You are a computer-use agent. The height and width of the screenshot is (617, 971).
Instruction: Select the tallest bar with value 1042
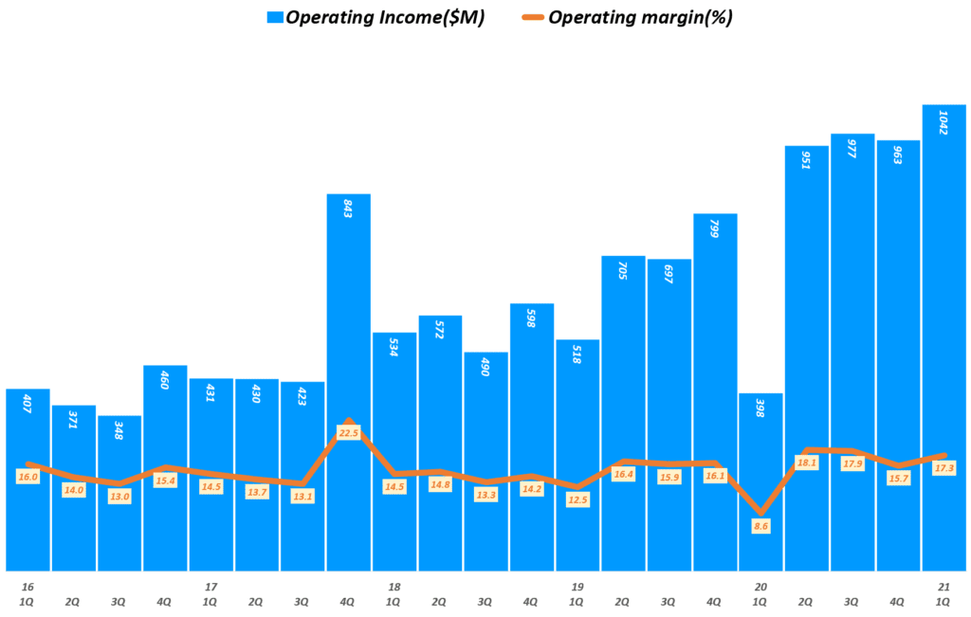[x=944, y=284]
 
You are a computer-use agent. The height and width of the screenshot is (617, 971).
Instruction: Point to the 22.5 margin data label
[x=349, y=433]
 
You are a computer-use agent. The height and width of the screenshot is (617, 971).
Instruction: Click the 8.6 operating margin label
[x=761, y=526]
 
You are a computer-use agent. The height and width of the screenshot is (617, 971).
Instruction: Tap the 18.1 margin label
[x=807, y=463]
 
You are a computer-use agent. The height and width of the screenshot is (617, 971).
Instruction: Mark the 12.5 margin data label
[x=577, y=499]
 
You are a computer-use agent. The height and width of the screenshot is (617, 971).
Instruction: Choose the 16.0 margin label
[x=27, y=477]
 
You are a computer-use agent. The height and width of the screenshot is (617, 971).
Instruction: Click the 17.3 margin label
[x=944, y=468]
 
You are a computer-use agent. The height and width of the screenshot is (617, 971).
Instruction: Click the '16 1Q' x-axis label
[x=27, y=593]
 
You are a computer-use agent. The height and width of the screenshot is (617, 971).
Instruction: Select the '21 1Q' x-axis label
[x=944, y=593]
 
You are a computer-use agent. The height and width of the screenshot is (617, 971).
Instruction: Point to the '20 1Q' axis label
[x=761, y=593]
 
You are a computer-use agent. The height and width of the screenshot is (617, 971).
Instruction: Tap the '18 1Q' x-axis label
[x=394, y=593]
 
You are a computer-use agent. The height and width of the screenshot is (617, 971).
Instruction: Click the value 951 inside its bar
[x=807, y=159]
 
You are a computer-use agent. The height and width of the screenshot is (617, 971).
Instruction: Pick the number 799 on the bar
[x=716, y=227]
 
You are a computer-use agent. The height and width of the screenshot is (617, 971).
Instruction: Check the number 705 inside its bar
[x=624, y=269]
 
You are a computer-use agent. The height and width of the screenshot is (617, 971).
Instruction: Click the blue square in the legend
[x=275, y=17]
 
